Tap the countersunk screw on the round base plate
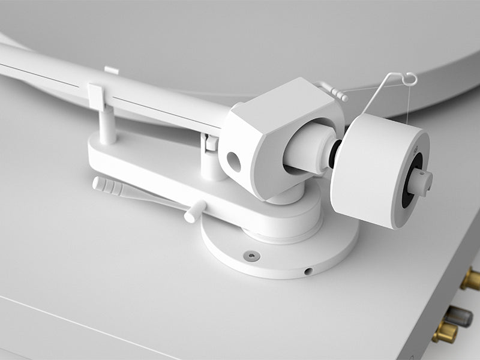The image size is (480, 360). click(x=252, y=256)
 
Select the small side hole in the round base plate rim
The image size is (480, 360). click(x=308, y=271)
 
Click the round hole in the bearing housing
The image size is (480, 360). click(x=233, y=161)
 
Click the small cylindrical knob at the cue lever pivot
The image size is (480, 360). click(x=194, y=211)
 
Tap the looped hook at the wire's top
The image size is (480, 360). click(x=409, y=78)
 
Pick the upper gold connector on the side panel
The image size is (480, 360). click(x=471, y=279)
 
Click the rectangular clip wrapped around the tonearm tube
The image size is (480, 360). click(x=97, y=96)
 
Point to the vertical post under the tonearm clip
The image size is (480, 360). click(x=107, y=127)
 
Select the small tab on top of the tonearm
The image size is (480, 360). click(x=111, y=70)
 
